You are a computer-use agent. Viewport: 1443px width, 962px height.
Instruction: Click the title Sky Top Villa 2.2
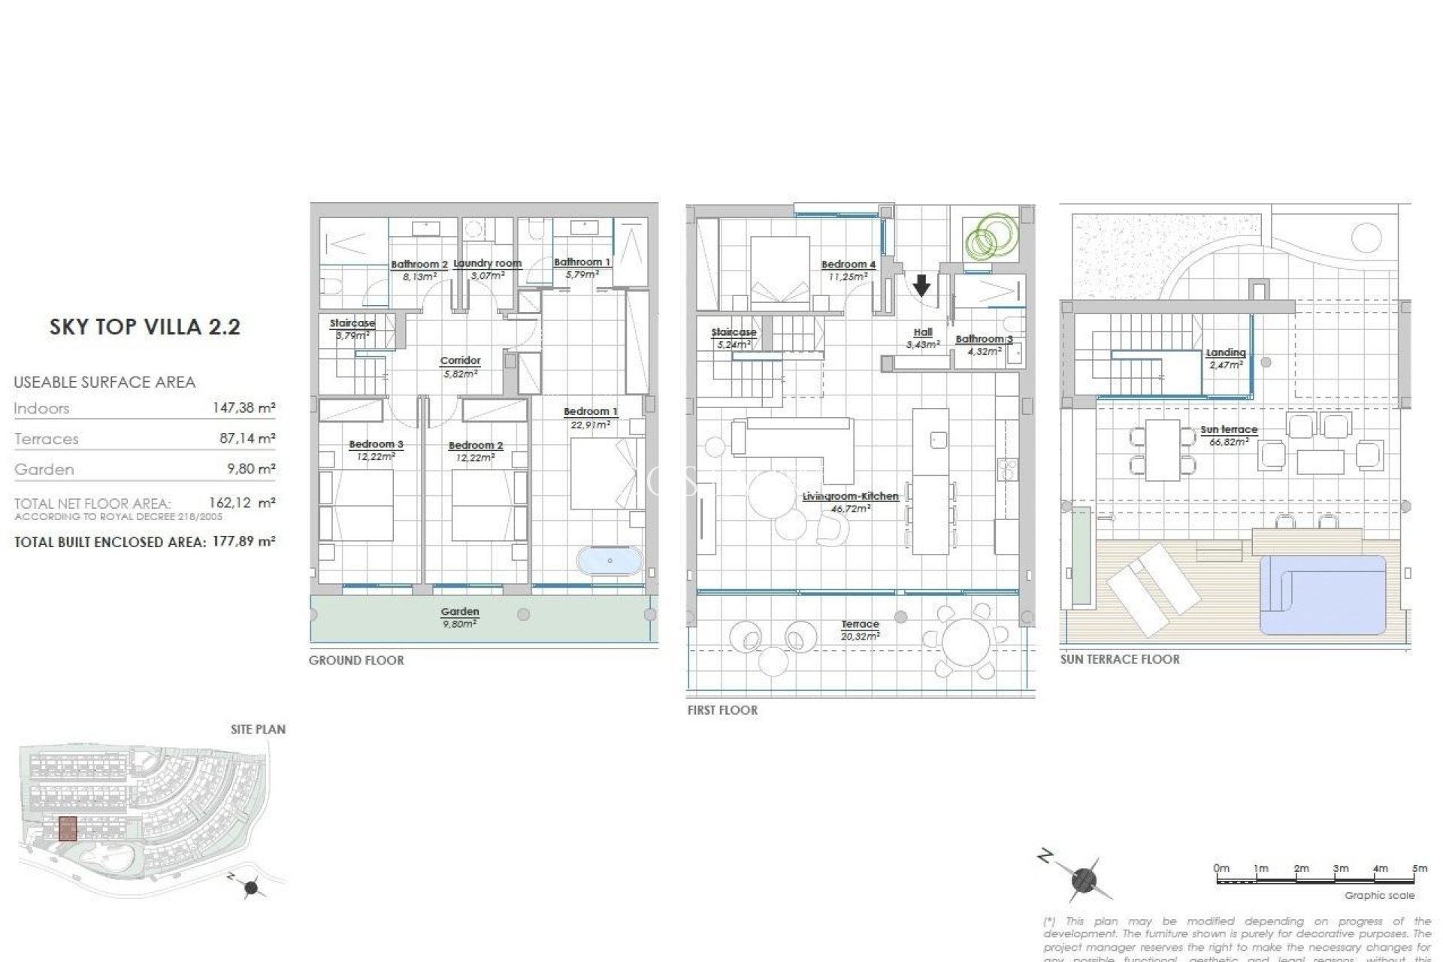145,327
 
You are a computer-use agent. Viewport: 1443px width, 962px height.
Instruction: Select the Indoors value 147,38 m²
244,408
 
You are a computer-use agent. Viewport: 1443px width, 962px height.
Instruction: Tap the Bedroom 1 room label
590,412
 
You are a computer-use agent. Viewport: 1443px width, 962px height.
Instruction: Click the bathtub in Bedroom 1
610,561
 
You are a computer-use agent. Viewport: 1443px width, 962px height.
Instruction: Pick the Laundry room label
487,264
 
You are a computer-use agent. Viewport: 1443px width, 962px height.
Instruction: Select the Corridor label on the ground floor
460,361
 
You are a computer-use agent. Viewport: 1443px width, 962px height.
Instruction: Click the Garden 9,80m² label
460,616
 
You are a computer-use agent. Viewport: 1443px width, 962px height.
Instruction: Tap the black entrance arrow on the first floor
921,285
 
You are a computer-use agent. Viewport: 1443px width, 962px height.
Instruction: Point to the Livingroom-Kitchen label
850,497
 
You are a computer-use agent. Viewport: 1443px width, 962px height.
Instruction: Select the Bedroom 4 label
848,265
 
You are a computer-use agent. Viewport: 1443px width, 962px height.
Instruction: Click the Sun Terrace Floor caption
1120,659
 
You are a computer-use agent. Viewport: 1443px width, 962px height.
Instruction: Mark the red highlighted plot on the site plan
68,828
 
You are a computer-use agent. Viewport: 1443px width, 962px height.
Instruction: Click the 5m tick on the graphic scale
1419,869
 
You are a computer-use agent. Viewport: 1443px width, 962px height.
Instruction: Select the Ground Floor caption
356,661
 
